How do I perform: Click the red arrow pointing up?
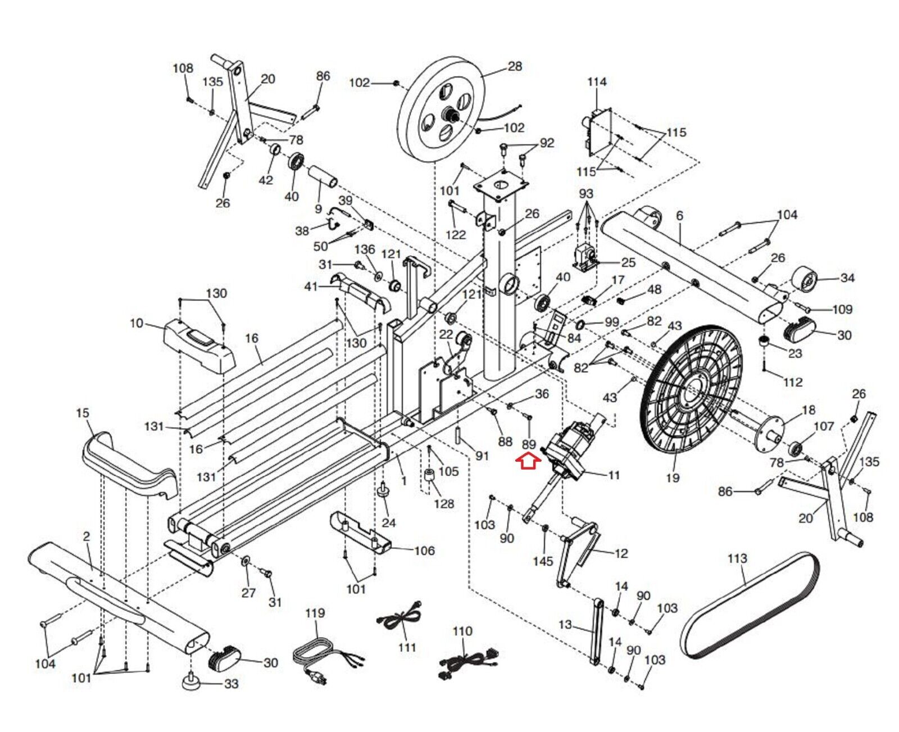point(529,461)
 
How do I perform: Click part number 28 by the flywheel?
point(515,66)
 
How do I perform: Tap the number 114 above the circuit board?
point(597,82)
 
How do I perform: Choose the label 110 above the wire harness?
point(462,631)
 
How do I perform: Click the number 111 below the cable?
point(407,647)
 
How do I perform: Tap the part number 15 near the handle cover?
point(83,413)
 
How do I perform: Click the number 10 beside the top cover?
point(137,324)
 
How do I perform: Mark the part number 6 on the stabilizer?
point(680,216)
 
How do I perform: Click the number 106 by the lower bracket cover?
point(424,551)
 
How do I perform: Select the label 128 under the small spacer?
point(444,504)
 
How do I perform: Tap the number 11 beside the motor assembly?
point(614,475)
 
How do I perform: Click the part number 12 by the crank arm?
point(621,553)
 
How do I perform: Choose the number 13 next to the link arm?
point(565,624)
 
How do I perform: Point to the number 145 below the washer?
point(543,561)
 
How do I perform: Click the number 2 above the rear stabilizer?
point(86,537)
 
